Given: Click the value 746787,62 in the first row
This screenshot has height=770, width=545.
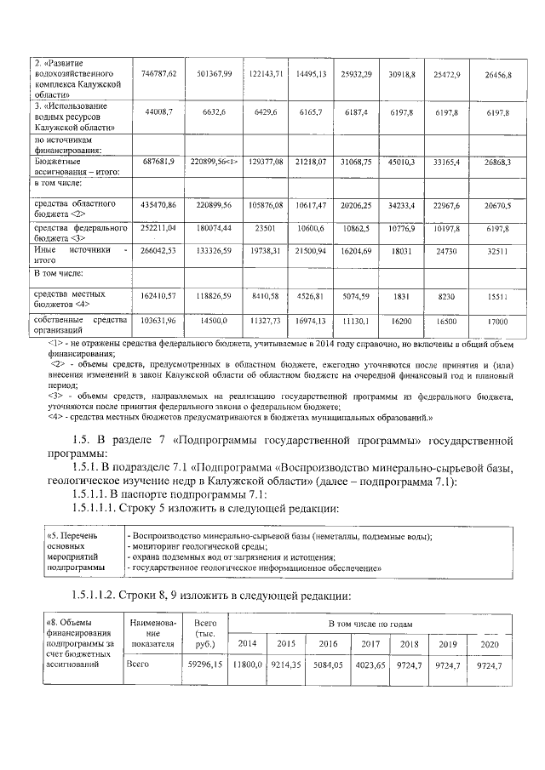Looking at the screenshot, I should point(158,76).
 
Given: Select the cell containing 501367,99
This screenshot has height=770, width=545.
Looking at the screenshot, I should point(213,76).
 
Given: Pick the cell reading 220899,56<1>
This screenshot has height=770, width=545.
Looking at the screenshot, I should point(213,161).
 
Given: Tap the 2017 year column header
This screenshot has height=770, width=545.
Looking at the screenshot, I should point(370,642).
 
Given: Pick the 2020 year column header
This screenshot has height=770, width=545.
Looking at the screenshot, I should point(490,642).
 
